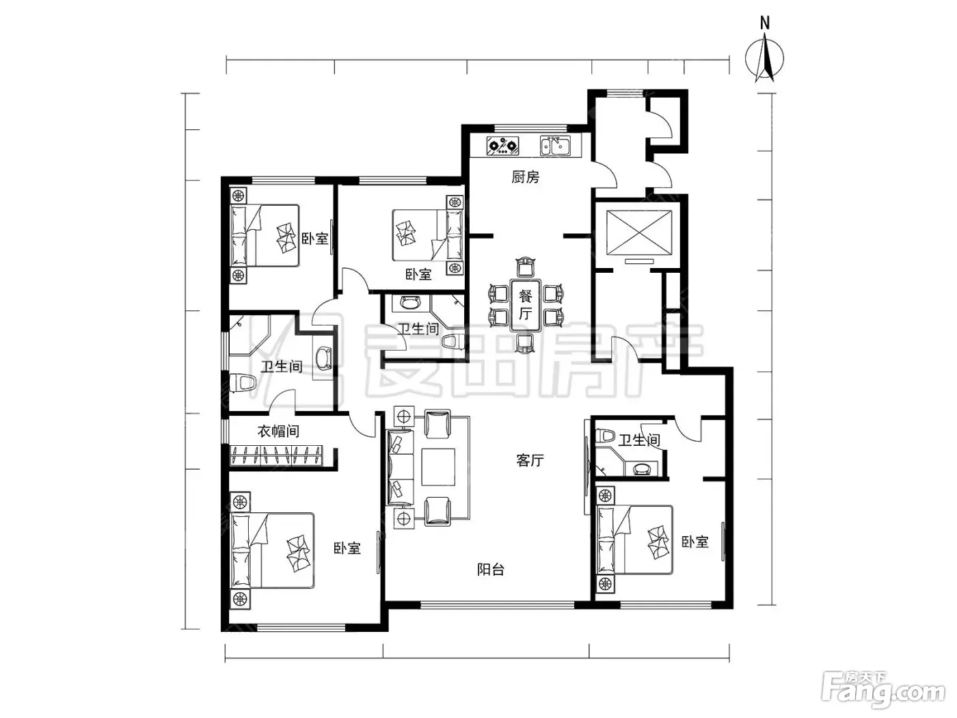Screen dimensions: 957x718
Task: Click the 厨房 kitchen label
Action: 525,177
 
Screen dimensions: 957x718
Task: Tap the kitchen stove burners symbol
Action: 503,145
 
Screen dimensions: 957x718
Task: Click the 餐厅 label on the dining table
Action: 525,305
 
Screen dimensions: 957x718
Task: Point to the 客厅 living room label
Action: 530,460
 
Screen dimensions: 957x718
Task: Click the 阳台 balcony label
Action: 491,569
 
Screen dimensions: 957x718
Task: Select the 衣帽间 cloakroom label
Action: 278,431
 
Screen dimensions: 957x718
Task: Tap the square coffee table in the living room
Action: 438,467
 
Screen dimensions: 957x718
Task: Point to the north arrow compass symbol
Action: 764,58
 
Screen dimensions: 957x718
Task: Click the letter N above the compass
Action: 765,23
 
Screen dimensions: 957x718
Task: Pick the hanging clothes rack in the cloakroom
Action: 276,455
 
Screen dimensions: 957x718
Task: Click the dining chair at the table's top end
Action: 525,267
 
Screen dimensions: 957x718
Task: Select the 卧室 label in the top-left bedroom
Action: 315,239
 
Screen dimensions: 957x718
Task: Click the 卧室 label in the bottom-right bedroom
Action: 695,542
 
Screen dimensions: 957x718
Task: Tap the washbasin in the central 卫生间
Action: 410,302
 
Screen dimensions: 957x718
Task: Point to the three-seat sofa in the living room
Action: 401,467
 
